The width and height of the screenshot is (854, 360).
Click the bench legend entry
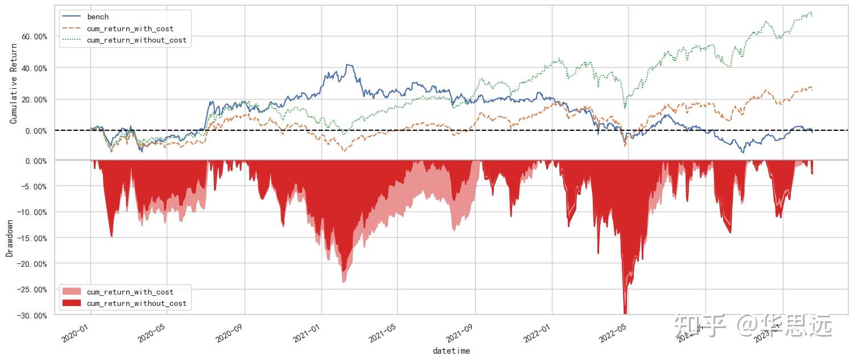[x=97, y=17]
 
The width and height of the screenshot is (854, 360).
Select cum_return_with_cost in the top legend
[x=130, y=28]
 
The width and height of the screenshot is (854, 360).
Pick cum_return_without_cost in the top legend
[x=137, y=40]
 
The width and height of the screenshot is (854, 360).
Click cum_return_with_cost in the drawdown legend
[x=130, y=292]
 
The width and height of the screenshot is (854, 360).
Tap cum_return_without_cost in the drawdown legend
[x=137, y=304]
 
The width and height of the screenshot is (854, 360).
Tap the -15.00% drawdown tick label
[x=32, y=238]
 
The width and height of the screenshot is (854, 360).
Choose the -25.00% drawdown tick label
[x=32, y=289]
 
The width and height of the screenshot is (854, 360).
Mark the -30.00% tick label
[x=32, y=316]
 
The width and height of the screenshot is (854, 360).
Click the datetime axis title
[x=451, y=351]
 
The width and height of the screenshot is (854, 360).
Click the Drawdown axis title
[x=10, y=238]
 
